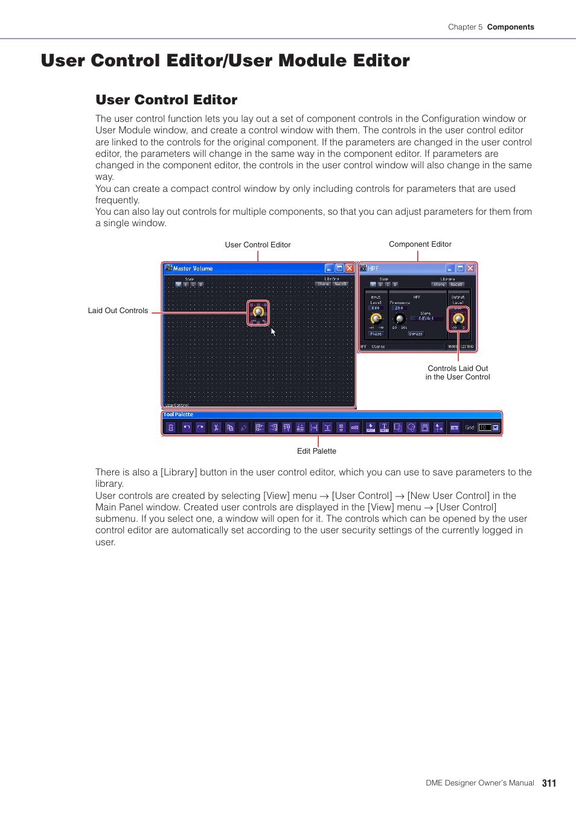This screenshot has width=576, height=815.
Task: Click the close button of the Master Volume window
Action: click(x=350, y=268)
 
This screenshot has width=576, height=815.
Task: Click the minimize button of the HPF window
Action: click(x=450, y=268)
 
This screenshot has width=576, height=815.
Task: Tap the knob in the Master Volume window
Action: click(x=258, y=312)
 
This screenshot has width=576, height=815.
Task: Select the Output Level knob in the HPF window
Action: click(x=458, y=318)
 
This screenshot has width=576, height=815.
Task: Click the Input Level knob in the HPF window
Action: click(x=376, y=318)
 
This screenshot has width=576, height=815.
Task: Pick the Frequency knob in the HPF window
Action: click(x=399, y=319)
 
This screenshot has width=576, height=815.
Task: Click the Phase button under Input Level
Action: click(x=376, y=334)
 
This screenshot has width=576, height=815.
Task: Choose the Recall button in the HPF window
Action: click(x=456, y=284)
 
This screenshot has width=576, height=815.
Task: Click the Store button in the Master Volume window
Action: click(x=324, y=284)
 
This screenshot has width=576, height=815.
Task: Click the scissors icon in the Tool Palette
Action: click(x=216, y=427)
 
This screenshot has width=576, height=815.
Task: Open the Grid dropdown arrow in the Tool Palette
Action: click(x=496, y=427)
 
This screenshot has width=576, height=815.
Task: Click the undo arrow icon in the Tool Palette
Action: click(x=187, y=427)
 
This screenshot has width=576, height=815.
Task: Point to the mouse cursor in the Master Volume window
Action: click(x=273, y=331)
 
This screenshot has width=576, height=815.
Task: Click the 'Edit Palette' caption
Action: click(x=316, y=451)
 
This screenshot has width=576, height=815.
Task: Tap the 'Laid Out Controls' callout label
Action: click(x=118, y=311)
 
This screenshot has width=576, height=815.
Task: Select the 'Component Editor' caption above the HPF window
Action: click(x=420, y=244)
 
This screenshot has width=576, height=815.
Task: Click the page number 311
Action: click(x=549, y=783)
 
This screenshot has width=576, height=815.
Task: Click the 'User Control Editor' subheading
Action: click(x=166, y=100)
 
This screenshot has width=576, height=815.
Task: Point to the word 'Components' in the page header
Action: click(x=510, y=27)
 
